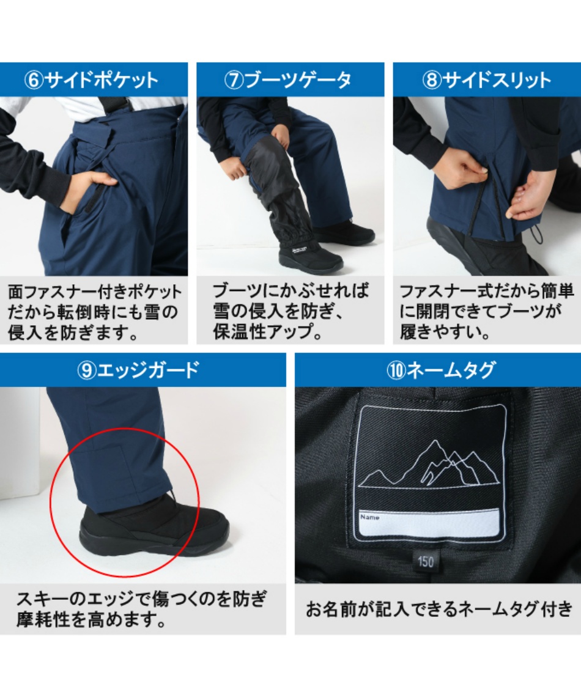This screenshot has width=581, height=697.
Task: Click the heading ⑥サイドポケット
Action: tap(91, 81)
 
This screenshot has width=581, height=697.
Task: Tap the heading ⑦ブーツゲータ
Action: tap(287, 81)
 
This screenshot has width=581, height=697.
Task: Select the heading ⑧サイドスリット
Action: tap(486, 81)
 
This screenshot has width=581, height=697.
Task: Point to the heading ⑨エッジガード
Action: tap(138, 370)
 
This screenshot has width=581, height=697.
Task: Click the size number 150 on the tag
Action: tap(426, 561)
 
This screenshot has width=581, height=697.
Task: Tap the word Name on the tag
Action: tap(370, 517)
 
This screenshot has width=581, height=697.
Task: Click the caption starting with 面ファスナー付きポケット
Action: tap(94, 312)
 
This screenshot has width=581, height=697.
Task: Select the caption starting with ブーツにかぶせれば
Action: tap(290, 311)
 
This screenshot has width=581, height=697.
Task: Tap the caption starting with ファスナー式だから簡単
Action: tap(486, 311)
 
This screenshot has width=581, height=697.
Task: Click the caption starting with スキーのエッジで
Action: tap(141, 609)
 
